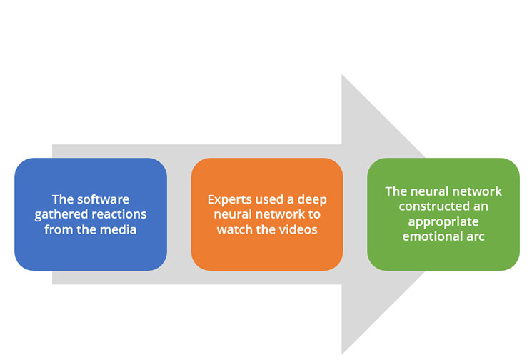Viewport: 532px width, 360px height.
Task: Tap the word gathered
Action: click(56, 215)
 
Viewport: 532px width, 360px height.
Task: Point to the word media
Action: click(119, 230)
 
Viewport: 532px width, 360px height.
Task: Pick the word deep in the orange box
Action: click(312, 199)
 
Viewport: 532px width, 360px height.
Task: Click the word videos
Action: click(298, 230)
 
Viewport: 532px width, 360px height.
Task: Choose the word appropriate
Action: click(443, 222)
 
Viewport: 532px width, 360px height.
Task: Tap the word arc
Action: click(476, 237)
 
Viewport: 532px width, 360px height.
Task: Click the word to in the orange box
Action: click(314, 215)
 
